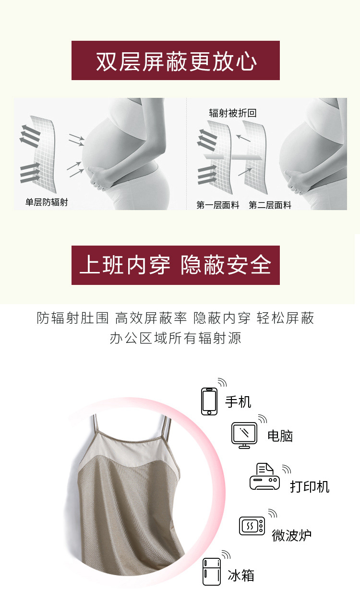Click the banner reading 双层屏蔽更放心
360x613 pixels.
pyautogui.click(x=176, y=60)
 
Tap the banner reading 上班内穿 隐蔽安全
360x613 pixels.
pyautogui.click(x=176, y=265)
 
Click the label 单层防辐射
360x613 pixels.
pyautogui.click(x=47, y=202)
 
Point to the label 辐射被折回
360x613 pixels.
pyautogui.click(x=233, y=113)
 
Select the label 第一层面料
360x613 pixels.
pyautogui.click(x=217, y=205)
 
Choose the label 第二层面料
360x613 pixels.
pyautogui.click(x=270, y=205)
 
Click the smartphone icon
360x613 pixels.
pyautogui.click(x=209, y=401)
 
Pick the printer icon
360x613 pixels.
pyautogui.click(x=264, y=476)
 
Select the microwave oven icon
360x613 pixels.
pyautogui.click(x=252, y=526)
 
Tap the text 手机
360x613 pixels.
pyautogui.click(x=238, y=402)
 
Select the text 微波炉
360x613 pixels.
pyautogui.click(x=291, y=535)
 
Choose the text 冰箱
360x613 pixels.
pyautogui.click(x=241, y=575)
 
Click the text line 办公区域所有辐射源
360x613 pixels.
pyautogui.click(x=176, y=338)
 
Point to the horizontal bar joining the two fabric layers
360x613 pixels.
pyautogui.click(x=232, y=157)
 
